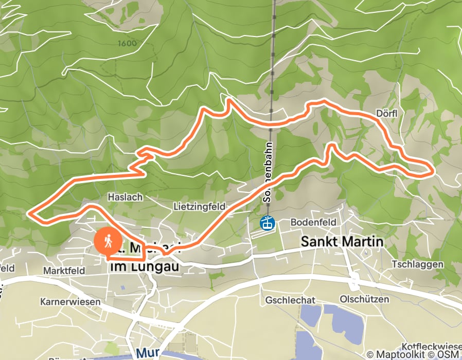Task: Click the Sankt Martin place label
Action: point(342,241)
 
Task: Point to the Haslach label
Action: point(125,196)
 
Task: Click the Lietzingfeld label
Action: point(200,206)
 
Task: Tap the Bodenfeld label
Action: point(313,222)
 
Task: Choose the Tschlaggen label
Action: point(417,264)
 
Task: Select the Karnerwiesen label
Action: point(70,301)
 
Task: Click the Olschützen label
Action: point(364,299)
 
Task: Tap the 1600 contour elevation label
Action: point(127,43)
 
